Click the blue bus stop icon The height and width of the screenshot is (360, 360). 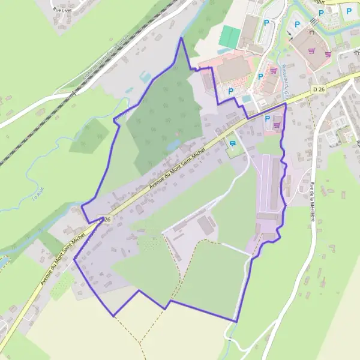(233, 143)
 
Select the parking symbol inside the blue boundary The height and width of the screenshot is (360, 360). (268, 119)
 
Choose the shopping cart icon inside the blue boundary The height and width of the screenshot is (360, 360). (277, 125)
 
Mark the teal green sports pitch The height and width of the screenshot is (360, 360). (229, 36)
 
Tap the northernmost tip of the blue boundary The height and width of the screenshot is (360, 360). (181, 38)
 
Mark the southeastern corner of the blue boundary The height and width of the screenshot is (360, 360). (236, 322)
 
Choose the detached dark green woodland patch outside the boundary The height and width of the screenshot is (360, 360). (88, 136)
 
